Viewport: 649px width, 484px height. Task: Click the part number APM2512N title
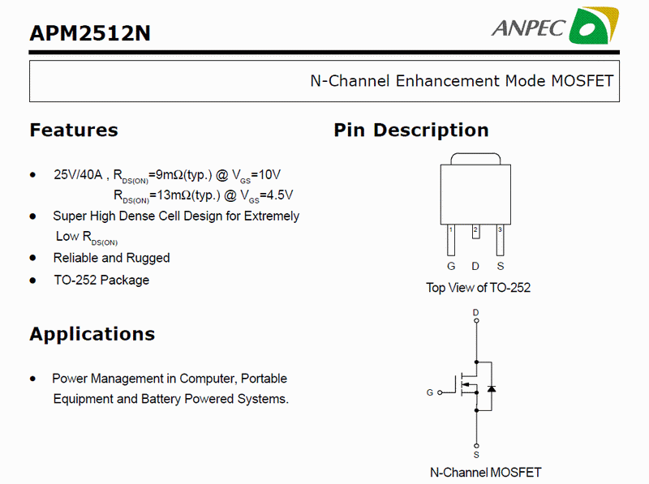(x=90, y=33)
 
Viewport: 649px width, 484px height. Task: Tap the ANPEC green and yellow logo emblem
(x=594, y=26)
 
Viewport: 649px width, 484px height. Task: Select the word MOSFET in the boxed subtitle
(x=582, y=81)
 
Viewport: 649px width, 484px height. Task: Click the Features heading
(x=74, y=130)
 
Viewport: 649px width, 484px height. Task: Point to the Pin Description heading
(x=411, y=130)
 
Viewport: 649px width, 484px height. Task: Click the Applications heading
(x=92, y=334)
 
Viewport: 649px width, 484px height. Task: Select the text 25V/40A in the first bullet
(x=78, y=174)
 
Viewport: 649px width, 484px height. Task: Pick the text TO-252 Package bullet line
(x=101, y=280)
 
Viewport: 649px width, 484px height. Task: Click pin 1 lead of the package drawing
(x=451, y=240)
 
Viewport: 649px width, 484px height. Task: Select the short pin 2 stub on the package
(x=476, y=232)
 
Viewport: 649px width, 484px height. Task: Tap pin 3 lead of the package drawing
(x=500, y=240)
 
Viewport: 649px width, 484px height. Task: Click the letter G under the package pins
(x=451, y=266)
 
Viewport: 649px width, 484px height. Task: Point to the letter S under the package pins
(x=501, y=266)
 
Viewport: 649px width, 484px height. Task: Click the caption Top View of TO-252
(x=478, y=288)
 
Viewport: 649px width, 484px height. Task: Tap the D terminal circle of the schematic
(x=476, y=320)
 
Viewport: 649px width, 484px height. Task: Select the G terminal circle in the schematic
(x=440, y=392)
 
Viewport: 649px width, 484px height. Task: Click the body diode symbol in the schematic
(x=492, y=389)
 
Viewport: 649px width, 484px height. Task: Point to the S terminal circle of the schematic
(x=476, y=446)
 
